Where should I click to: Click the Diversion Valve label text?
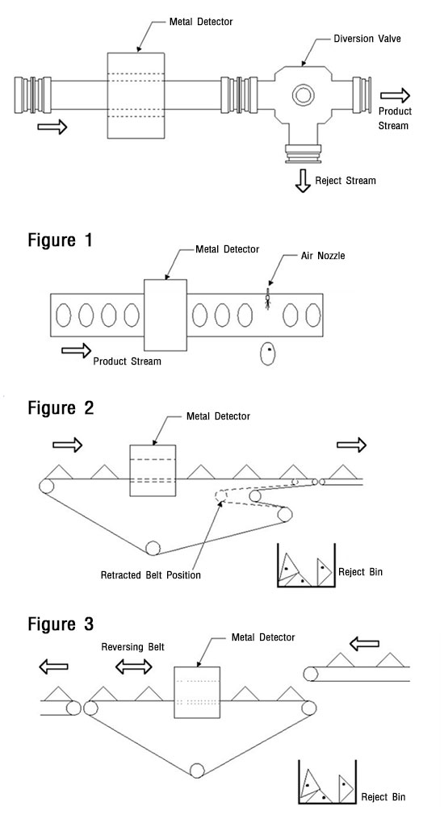pos(367,39)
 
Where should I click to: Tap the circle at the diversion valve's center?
pos(303,95)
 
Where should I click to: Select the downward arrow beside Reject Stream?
pos(303,181)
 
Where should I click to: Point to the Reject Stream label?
pos(346,181)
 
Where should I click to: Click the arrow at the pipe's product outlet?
pos(395,95)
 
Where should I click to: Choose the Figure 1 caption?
pos(61,240)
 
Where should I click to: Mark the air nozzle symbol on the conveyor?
pos(268,299)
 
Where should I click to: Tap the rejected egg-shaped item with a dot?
pos(268,353)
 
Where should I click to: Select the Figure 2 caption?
pos(61,407)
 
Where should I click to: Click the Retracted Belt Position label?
pos(150,575)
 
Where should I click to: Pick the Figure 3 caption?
pos(61,624)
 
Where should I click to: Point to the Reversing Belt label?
pos(132,646)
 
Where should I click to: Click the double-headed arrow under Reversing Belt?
pos(133,666)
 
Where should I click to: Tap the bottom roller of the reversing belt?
pos(198,771)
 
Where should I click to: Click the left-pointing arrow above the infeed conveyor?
pos(365,644)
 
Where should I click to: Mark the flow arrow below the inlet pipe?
pos(52,127)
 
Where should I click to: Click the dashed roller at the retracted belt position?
pos(221,495)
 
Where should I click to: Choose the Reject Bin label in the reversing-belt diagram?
pos(383,796)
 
